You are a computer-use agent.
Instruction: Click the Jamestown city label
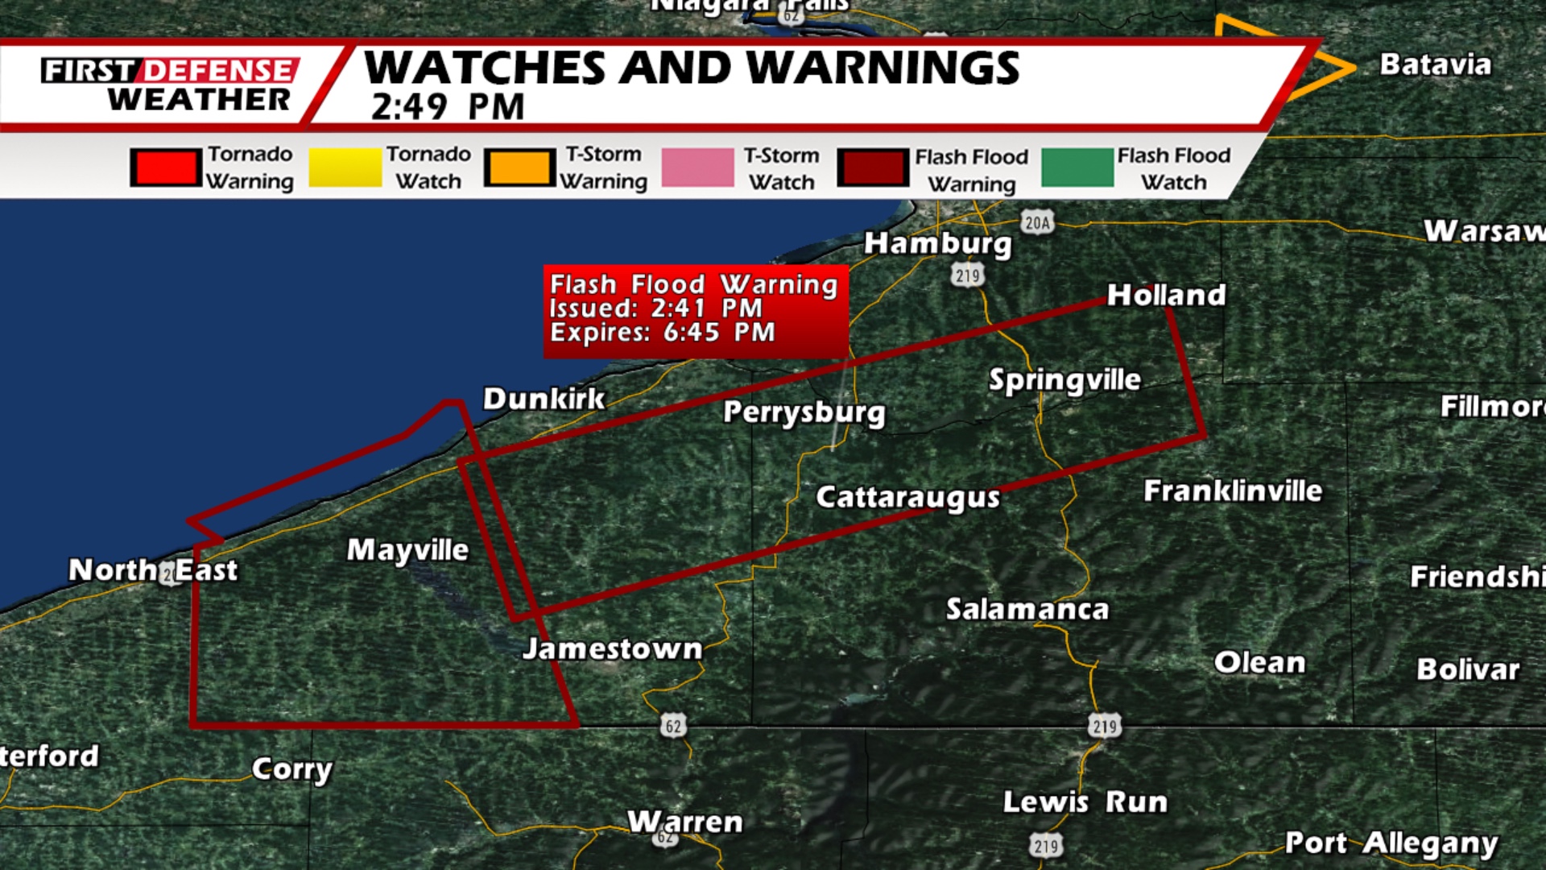(x=612, y=648)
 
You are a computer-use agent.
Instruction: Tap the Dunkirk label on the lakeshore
(x=544, y=399)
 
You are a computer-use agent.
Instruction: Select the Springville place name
(x=1064, y=380)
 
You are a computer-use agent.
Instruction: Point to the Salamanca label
(x=1027, y=609)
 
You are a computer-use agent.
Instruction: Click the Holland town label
(x=1166, y=295)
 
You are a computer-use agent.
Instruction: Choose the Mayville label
(x=407, y=550)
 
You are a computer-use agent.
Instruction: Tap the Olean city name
(x=1259, y=662)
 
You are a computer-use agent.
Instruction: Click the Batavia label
(x=1435, y=64)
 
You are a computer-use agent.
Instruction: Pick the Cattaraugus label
(x=907, y=497)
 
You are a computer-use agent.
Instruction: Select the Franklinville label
(x=1233, y=491)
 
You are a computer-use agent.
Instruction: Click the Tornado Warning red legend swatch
(x=166, y=168)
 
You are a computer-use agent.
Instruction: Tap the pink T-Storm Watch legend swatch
(x=697, y=168)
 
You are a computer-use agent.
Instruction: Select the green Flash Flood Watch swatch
(x=1077, y=168)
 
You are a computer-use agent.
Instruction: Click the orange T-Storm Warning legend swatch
(x=520, y=168)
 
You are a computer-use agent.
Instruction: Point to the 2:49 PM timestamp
(x=448, y=107)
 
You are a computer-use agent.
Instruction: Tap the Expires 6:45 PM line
(x=662, y=333)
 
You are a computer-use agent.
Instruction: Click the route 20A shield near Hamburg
(x=1037, y=222)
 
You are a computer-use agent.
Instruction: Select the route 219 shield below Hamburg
(x=967, y=275)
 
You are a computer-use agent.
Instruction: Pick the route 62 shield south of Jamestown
(x=673, y=726)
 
